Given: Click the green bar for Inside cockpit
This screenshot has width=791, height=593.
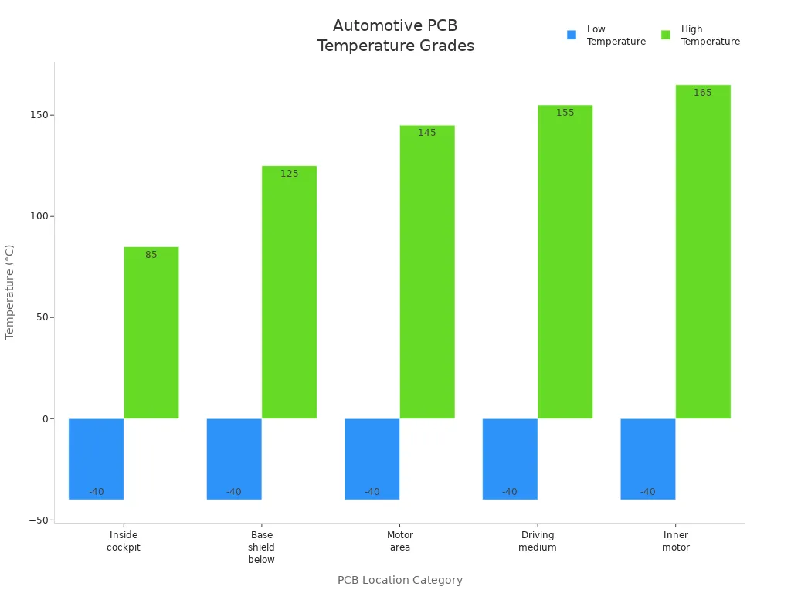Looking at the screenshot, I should pos(151,333).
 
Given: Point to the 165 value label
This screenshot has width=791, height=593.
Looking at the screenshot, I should pos(703,93).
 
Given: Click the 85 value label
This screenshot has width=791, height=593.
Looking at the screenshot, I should pos(151,255).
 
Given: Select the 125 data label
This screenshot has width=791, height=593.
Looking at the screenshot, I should pos(290,174).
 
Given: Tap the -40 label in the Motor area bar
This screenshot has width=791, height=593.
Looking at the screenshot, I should pos(372,492).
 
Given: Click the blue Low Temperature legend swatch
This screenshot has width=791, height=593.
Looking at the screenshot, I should pos(572,35).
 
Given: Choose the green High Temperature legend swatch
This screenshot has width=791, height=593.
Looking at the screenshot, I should pos(666,35).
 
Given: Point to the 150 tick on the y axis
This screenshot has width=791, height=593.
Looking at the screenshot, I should pos(39,115).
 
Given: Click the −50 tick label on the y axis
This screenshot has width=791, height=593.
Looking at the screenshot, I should pos(37,520).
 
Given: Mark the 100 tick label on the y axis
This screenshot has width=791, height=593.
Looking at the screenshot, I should pos(39,216).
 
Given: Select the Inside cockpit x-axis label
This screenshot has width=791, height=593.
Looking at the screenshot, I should pos(124,541).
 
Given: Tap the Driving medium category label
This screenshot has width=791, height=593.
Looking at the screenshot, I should pos(538,541).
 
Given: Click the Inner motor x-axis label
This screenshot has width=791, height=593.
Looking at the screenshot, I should pos(676,541).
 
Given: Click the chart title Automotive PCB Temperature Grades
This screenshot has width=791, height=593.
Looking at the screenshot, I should pos(395,36).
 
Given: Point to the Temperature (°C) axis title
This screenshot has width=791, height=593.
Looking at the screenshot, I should pos(10,292).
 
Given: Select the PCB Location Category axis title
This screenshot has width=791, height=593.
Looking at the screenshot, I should pos(400,580).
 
